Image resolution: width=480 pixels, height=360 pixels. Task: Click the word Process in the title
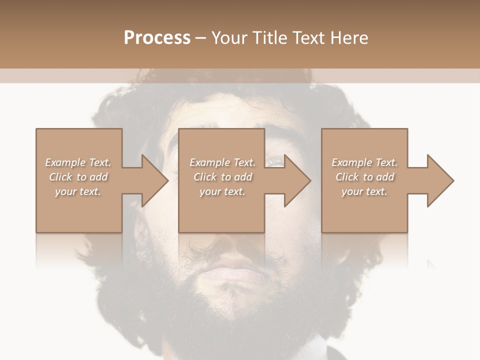point(157,38)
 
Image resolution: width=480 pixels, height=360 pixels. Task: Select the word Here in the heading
point(348,38)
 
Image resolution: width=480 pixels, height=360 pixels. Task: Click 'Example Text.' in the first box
point(78,162)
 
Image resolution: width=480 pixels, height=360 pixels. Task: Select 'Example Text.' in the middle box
point(222,162)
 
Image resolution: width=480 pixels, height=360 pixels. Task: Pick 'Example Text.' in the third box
point(364,162)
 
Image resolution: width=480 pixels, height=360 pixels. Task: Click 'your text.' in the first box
point(78,191)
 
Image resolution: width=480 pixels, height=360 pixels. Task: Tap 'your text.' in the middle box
point(222,191)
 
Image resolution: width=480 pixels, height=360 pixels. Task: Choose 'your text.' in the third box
point(364,191)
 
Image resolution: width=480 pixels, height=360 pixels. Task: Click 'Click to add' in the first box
point(78,177)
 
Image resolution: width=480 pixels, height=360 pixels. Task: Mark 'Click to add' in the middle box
point(222,177)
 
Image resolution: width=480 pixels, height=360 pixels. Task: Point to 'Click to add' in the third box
point(364,177)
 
